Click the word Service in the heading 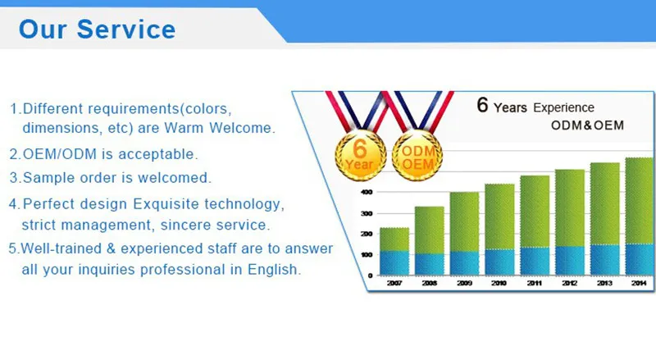[126, 30]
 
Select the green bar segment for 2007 [394, 239]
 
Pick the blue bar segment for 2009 [464, 262]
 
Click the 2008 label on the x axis [429, 282]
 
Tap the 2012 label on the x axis [570, 282]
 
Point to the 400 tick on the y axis [367, 191]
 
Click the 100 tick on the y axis [367, 254]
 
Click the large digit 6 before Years [482, 105]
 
